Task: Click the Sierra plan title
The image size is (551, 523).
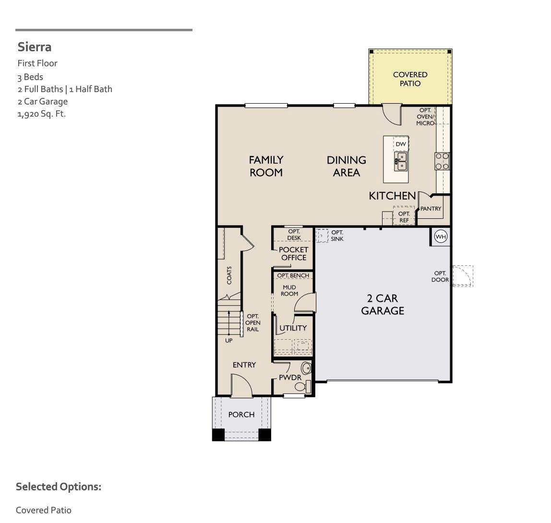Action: point(35,47)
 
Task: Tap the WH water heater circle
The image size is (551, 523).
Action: point(441,237)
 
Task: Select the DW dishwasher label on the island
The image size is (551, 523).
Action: point(401,144)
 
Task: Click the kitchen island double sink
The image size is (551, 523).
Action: point(401,161)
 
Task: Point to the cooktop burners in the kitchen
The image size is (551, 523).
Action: point(442,161)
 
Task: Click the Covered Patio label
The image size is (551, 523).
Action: point(410,79)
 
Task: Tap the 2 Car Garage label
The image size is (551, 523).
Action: point(383,305)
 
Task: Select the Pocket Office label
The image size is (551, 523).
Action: point(293,253)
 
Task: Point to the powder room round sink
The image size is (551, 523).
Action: point(306,368)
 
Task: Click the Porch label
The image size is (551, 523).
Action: point(241,415)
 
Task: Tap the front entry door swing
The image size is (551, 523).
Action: point(241,385)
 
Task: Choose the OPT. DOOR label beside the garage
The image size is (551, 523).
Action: point(440,276)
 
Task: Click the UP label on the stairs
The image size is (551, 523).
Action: point(229,340)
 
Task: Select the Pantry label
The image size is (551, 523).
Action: point(431,209)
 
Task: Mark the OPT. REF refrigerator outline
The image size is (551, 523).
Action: point(404,216)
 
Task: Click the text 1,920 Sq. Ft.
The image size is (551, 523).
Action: point(41,114)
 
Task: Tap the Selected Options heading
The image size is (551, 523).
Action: point(59,487)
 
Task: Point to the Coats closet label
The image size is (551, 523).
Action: point(229,275)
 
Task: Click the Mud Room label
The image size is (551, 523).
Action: point(289,290)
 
